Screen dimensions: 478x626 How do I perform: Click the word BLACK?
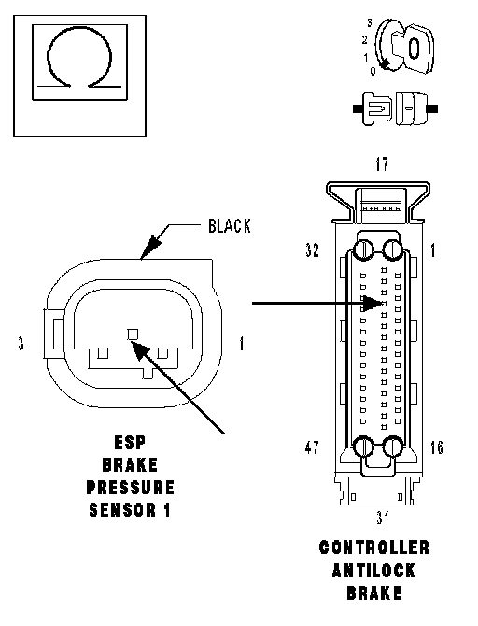(230, 226)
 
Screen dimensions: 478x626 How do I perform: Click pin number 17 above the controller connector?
(382, 164)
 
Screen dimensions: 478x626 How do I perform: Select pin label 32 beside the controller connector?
(313, 250)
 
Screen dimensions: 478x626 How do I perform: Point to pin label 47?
(312, 448)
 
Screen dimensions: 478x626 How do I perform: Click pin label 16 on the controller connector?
(437, 448)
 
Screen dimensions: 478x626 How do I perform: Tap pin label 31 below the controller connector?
(382, 518)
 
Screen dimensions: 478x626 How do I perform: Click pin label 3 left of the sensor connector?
(21, 343)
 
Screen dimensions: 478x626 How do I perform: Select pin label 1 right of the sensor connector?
(242, 343)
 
